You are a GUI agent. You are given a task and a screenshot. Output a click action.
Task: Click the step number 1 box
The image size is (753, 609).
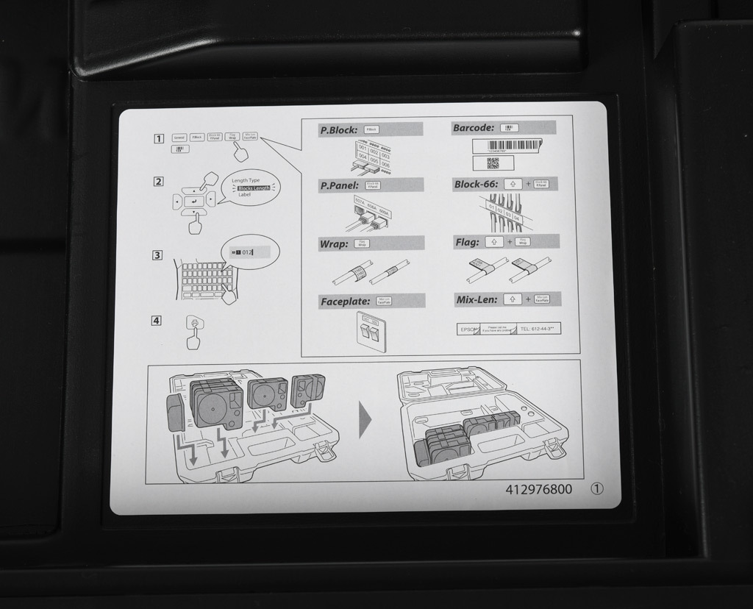coord(158,138)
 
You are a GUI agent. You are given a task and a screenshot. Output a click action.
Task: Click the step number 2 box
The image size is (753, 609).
coord(158,182)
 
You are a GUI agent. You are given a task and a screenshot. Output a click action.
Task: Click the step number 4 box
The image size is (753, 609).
coord(157,320)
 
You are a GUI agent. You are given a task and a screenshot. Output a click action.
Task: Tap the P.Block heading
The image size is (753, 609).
coord(339,130)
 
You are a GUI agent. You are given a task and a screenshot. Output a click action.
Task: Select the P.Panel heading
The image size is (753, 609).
coord(340,185)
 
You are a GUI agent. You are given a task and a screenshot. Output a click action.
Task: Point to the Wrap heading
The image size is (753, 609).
coord(334,243)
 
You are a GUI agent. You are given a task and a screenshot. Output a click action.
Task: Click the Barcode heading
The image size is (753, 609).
coord(474,128)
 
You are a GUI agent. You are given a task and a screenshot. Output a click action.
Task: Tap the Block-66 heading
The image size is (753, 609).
coord(476,185)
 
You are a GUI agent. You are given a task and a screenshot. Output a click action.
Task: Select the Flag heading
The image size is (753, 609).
coord(468,242)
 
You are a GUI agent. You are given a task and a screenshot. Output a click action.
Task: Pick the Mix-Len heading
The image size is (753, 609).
coord(477,300)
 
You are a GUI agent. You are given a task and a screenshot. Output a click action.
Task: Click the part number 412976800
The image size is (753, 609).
coord(539,489)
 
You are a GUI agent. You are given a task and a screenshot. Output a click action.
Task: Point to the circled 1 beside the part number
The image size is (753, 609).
coord(596,489)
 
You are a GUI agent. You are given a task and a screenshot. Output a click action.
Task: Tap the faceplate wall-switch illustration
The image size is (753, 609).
coord(372,330)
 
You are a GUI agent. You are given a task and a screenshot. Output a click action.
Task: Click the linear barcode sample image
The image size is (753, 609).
coord(504,146)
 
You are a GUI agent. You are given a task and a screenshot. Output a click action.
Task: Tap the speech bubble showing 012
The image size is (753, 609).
coord(249,252)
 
